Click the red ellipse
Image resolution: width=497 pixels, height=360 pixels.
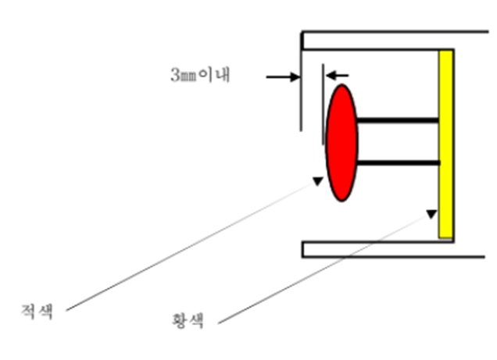pyautogui.click(x=341, y=143)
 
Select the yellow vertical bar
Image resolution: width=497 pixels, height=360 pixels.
pyautogui.click(x=446, y=144)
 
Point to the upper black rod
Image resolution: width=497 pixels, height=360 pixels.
pyautogui.click(x=399, y=120)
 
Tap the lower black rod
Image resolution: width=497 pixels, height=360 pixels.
pyautogui.click(x=399, y=162)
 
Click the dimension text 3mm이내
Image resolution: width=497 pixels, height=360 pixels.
pyautogui.click(x=200, y=76)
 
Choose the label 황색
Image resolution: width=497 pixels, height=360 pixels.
pyautogui.click(x=188, y=320)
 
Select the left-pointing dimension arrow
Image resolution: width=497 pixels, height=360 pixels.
pyautogui.click(x=338, y=75)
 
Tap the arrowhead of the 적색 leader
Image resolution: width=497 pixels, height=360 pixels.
pyautogui.click(x=316, y=182)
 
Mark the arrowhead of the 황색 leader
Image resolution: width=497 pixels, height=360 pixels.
pyautogui.click(x=431, y=212)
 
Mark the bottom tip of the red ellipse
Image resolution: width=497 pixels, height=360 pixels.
pyautogui.click(x=341, y=201)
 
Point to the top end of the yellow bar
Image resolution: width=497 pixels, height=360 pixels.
pyautogui.click(x=446, y=52)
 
